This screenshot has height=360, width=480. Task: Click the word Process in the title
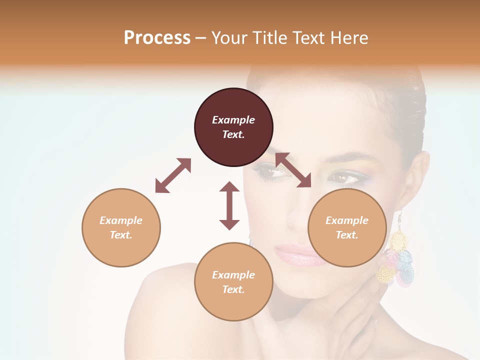coord(157,38)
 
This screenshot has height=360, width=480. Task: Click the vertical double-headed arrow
coord(229,205)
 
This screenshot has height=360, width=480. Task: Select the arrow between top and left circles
coord(173,175)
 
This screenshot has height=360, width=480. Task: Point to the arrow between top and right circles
coord(293,170)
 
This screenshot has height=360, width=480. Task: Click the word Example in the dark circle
coord(233,120)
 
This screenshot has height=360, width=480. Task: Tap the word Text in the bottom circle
coord(232,289)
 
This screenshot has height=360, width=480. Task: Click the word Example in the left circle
coord(121,220)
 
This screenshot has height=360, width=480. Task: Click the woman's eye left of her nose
coord(270,172)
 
